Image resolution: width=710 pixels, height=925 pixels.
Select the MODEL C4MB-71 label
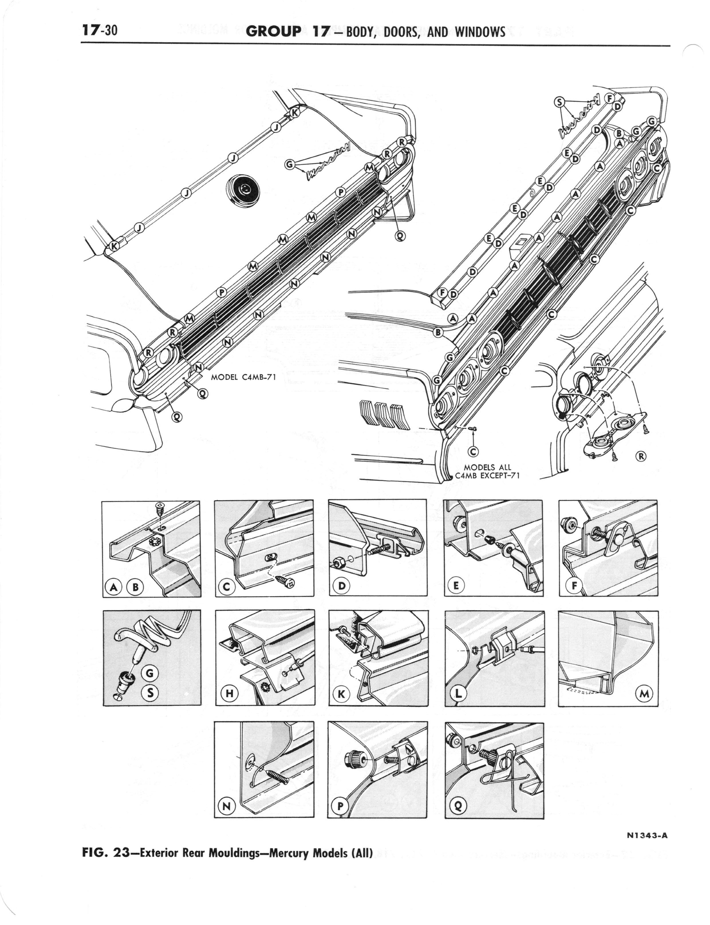click(x=243, y=377)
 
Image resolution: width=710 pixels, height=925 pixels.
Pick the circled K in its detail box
click(x=342, y=694)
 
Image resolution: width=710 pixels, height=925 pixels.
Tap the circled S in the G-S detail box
click(x=151, y=692)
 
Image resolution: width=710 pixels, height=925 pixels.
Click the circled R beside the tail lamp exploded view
click(x=641, y=456)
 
